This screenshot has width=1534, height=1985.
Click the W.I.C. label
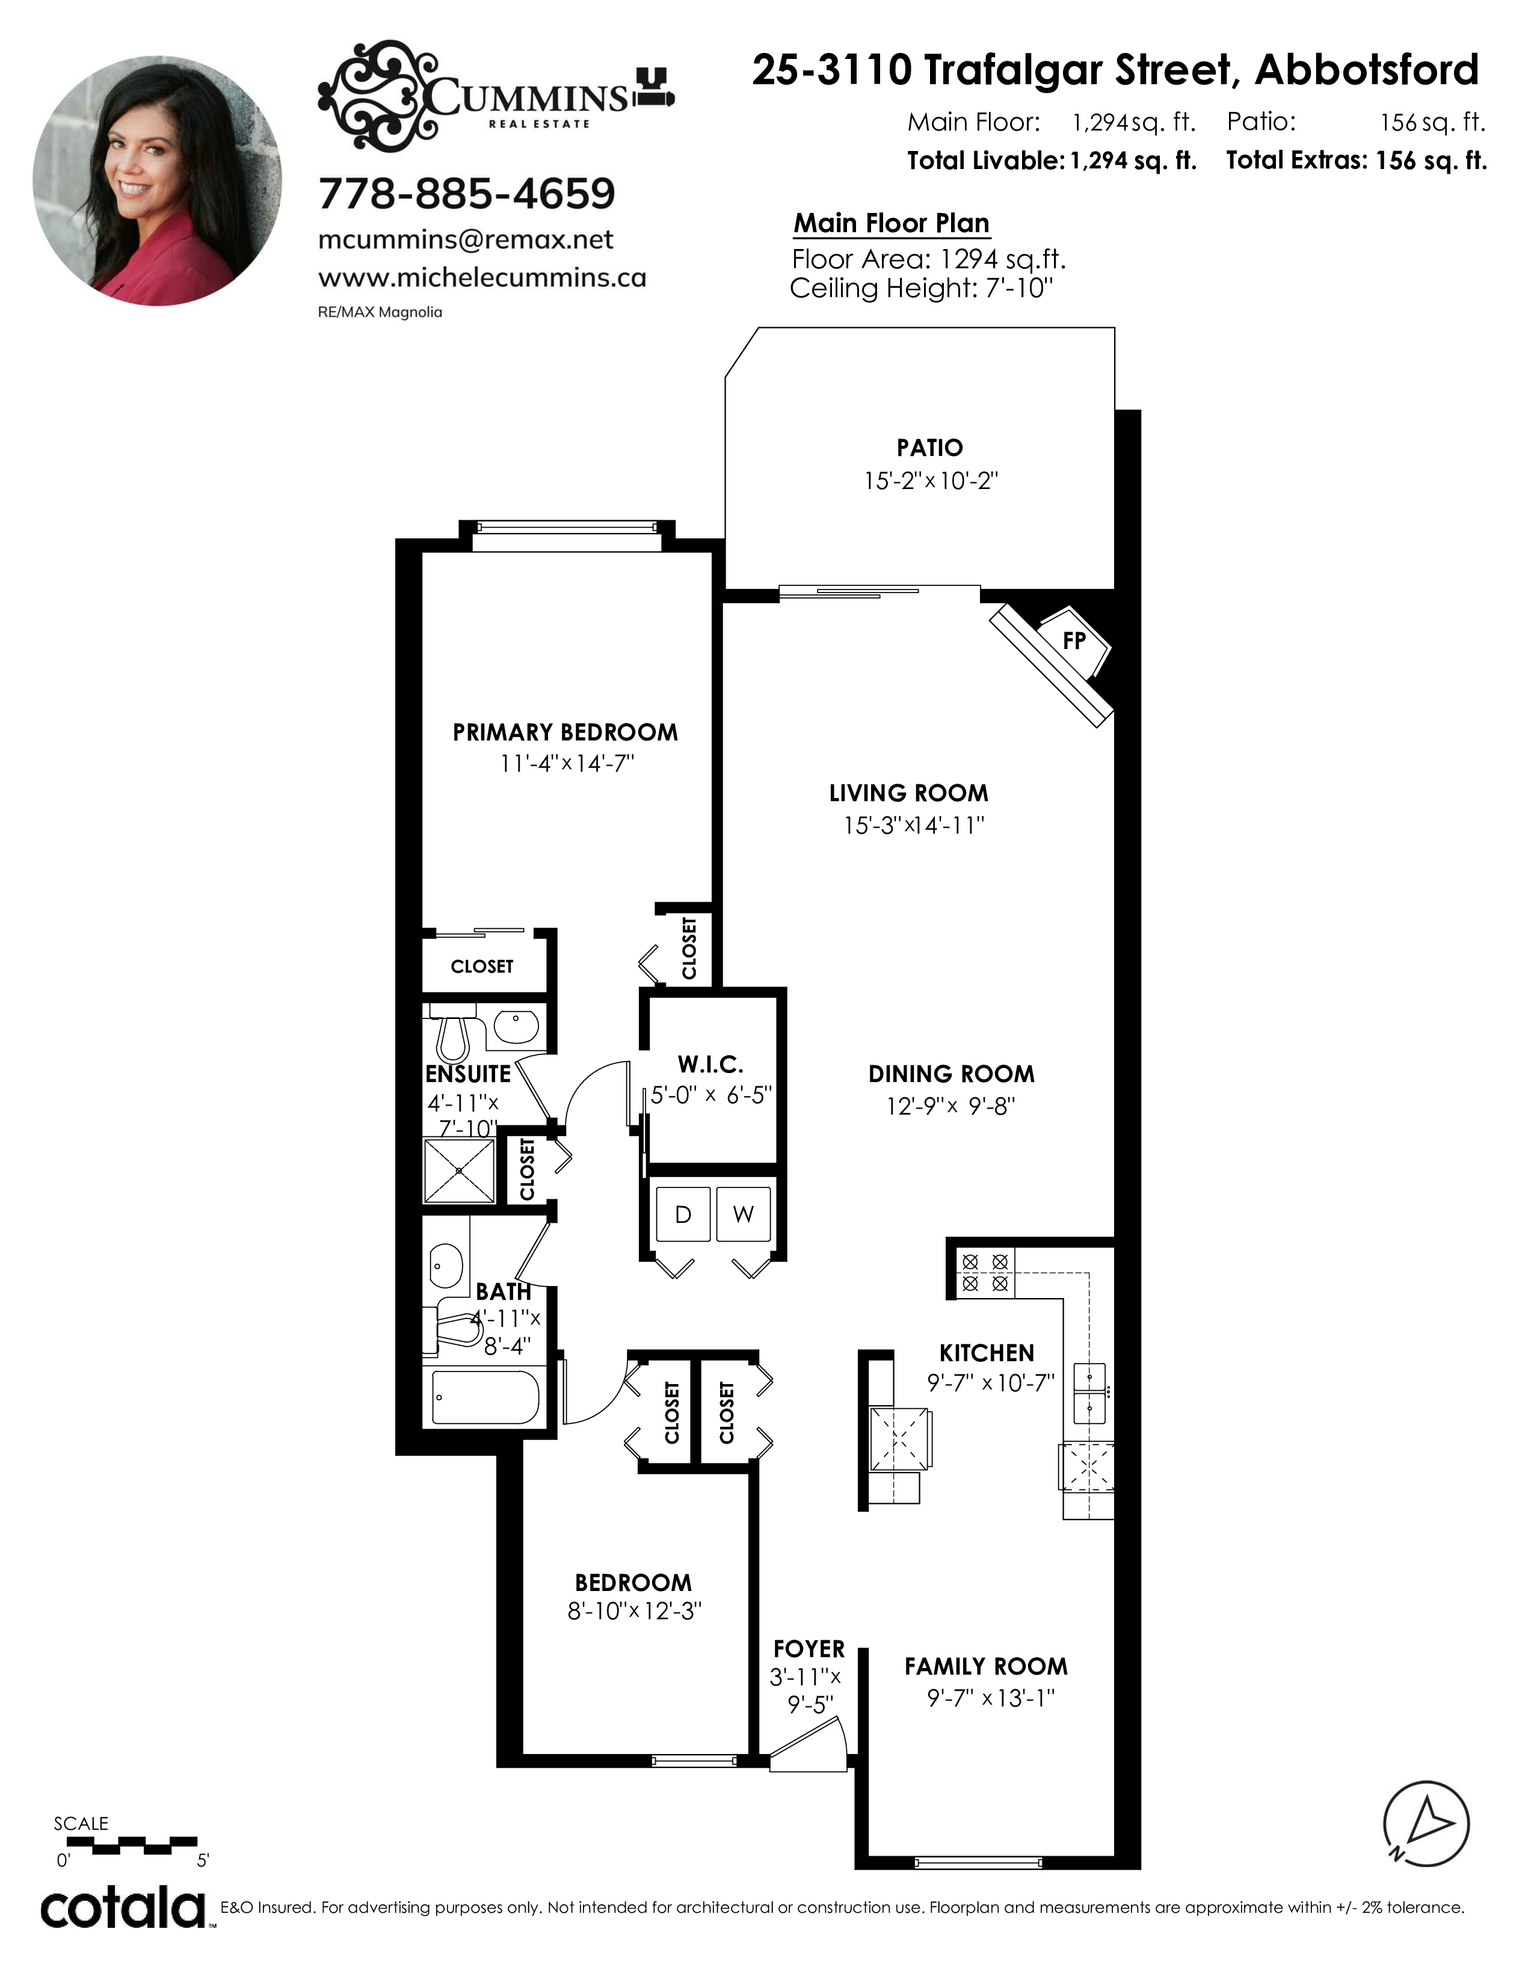click(x=710, y=1064)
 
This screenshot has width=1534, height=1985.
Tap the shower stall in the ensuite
click(x=460, y=1171)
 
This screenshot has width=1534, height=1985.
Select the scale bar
click(x=132, y=1844)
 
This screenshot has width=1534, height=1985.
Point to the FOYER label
click(x=809, y=1648)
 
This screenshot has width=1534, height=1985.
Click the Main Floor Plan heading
click(x=892, y=224)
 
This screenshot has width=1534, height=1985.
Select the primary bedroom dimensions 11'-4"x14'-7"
click(x=566, y=763)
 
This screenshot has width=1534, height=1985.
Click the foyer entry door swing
click(x=809, y=1746)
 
